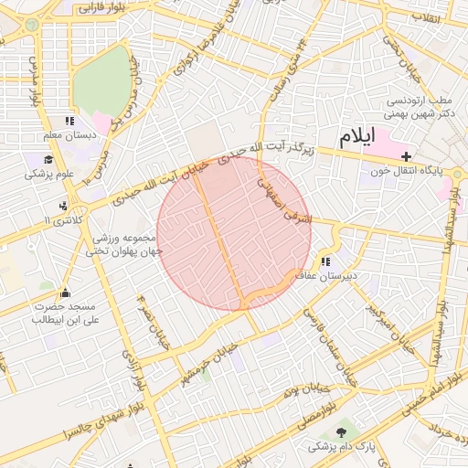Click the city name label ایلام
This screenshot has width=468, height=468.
point(356,138)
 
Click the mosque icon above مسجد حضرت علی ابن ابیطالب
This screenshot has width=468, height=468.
point(64,293)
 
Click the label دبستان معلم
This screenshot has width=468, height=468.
point(69,136)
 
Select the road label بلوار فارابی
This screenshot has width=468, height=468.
point(101,8)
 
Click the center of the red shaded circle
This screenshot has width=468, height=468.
point(234,232)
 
